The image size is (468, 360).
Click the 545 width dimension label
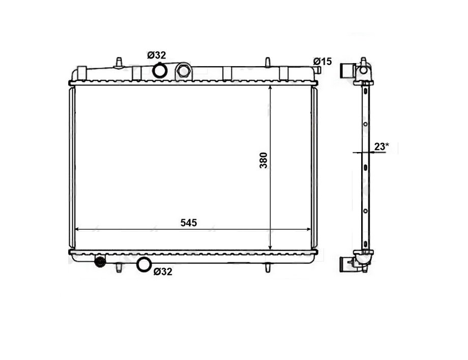[x=189, y=223]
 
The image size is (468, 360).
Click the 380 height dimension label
[x=264, y=161]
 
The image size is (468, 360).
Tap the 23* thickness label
[x=382, y=146]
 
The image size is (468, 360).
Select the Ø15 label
[x=323, y=62]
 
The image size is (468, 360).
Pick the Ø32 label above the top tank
[x=156, y=55]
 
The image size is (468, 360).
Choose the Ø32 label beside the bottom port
[x=163, y=272]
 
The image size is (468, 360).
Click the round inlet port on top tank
[x=159, y=70]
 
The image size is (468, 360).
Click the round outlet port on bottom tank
[x=143, y=264]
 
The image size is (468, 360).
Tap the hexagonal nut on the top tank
[x=183, y=70]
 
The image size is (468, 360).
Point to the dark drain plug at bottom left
[x=100, y=262]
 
